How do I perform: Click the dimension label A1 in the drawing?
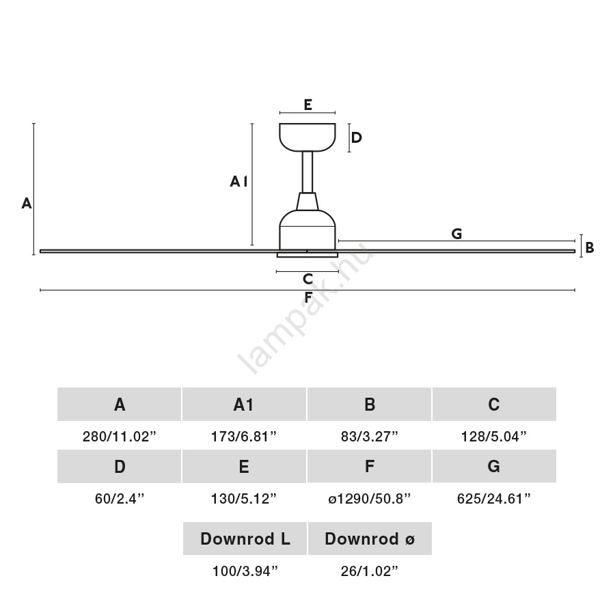[238, 181]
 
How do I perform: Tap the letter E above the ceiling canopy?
[307, 105]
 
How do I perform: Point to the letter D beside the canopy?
[356, 137]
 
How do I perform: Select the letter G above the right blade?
[456, 234]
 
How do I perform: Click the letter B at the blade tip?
[589, 248]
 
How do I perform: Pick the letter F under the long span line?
[308, 297]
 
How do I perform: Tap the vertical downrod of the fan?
[307, 172]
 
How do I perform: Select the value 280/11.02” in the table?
[120, 436]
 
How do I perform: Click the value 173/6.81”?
[244, 436]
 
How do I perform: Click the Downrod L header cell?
[245, 539]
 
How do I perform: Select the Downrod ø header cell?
[370, 539]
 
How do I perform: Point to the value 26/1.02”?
[369, 571]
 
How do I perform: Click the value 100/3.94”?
[245, 571]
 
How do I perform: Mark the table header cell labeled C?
[494, 405]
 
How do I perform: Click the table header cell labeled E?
[244, 467]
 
